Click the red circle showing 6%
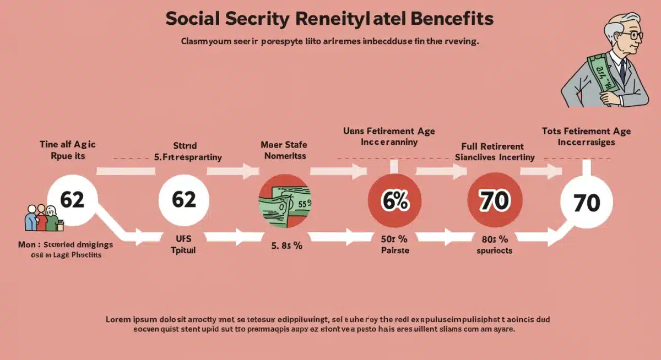pyautogui.click(x=395, y=201)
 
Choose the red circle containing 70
pyautogui.click(x=494, y=201)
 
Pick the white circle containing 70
pyautogui.click(x=586, y=203)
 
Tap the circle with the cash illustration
pyautogui.click(x=285, y=201)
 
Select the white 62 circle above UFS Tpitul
pyautogui.click(x=184, y=200)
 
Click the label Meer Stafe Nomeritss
pyautogui.click(x=285, y=150)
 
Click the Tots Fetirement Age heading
pyautogui.click(x=586, y=132)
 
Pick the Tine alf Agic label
pyautogui.click(x=68, y=145)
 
